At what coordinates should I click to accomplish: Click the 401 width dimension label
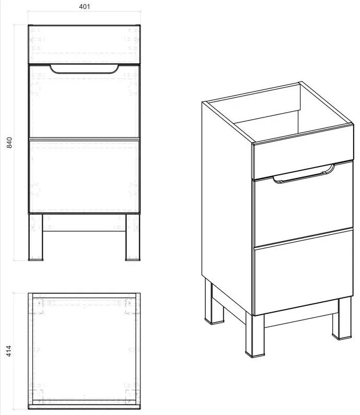85,7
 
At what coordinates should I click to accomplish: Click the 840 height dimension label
9,143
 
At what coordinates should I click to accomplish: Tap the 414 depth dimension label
9,351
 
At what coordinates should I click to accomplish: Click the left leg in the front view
35,237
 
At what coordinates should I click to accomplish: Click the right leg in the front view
133,237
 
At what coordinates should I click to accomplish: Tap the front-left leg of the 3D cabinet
255,335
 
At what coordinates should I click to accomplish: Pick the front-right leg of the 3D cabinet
342,318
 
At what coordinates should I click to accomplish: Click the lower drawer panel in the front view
85,175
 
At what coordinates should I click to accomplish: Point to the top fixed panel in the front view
85,44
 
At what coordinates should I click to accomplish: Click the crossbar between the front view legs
85,223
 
